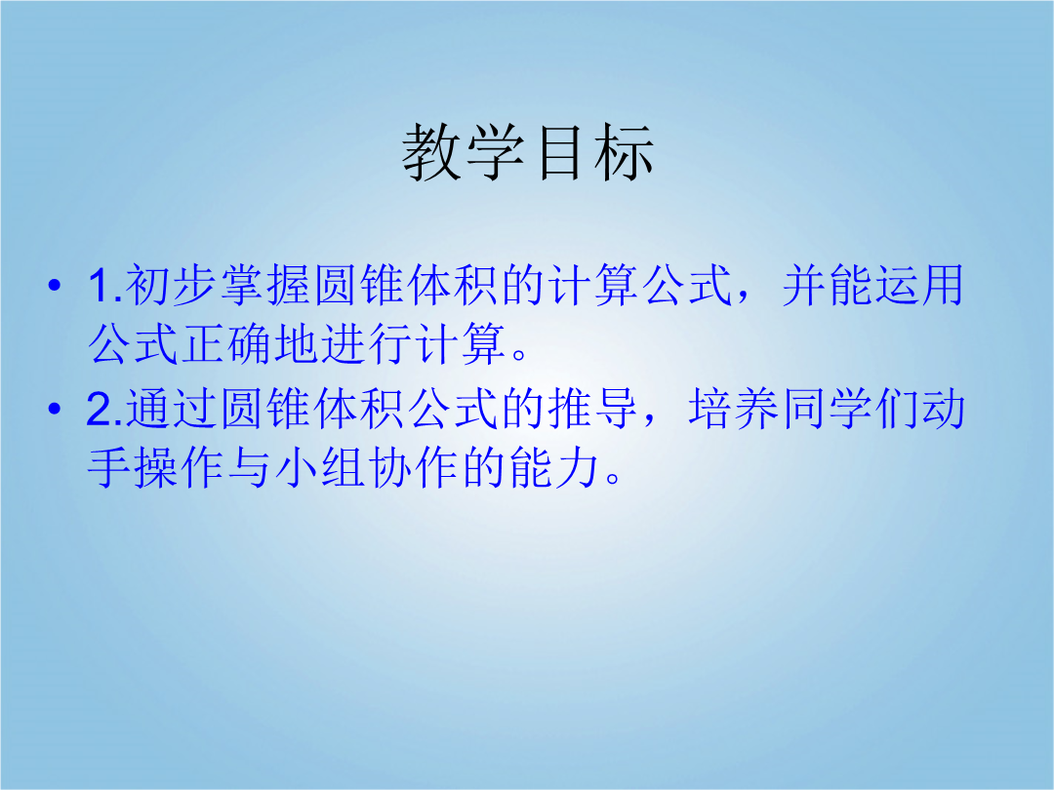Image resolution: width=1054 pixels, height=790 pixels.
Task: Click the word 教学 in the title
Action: (464, 152)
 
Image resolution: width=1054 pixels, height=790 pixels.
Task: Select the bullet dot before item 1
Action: (55, 286)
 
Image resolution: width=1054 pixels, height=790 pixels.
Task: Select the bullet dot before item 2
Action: (55, 409)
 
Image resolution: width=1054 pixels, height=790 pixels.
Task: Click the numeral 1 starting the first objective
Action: (100, 286)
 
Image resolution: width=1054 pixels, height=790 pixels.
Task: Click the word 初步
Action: (172, 286)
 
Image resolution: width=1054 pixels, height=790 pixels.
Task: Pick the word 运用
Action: (919, 286)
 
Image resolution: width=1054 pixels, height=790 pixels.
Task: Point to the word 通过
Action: (172, 409)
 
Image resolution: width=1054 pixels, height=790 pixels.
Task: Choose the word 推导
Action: (593, 409)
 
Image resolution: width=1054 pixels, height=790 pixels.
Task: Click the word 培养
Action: (734, 409)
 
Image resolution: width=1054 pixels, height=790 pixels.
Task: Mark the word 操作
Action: (179, 467)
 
